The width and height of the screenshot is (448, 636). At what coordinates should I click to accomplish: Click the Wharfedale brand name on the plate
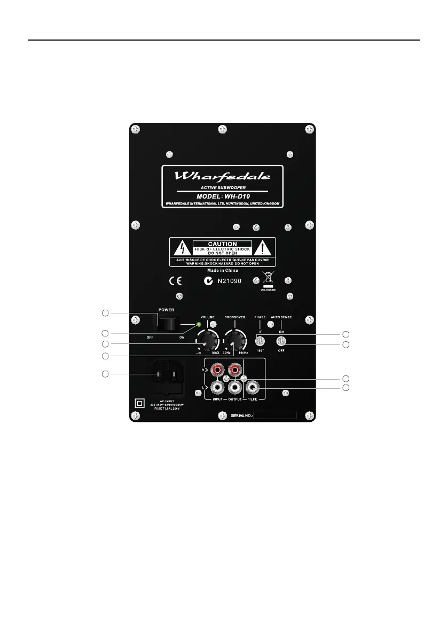click(x=223, y=176)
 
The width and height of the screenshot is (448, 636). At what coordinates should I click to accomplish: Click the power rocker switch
click(x=167, y=324)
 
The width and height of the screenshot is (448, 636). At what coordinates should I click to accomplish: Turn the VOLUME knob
click(x=207, y=340)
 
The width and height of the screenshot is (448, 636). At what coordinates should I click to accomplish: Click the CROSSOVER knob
click(x=234, y=340)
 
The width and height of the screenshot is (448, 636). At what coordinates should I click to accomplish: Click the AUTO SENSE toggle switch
click(x=281, y=341)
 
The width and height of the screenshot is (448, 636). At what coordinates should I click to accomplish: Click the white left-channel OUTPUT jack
click(x=234, y=385)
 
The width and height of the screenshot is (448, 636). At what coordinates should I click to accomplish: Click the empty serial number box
click(x=274, y=415)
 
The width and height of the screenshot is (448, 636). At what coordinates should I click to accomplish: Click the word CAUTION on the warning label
click(x=222, y=244)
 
